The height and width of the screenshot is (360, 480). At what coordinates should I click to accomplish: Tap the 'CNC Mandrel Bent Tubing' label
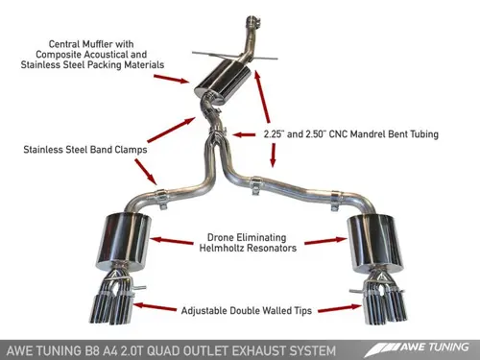(349, 135)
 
